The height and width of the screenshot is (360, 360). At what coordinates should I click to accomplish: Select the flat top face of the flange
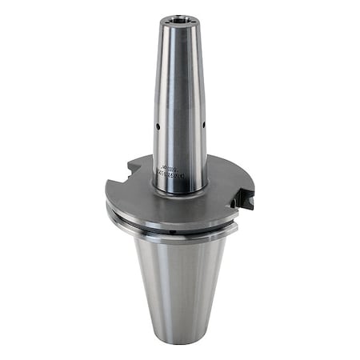(x=144, y=196)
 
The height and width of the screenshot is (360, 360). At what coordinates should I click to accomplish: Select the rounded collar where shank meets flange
(x=181, y=188)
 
